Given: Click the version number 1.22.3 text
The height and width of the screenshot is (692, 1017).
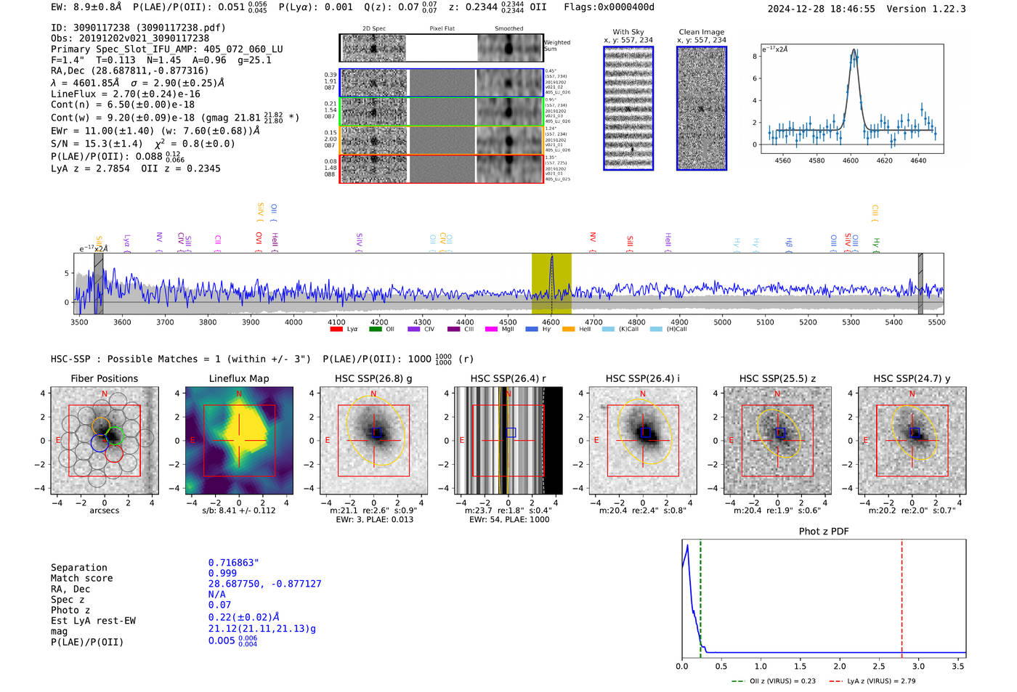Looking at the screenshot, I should pyautogui.click(x=941, y=9).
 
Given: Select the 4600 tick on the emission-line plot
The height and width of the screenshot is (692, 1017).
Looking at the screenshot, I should pyautogui.click(x=850, y=160).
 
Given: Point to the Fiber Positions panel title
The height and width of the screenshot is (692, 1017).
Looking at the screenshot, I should pyautogui.click(x=104, y=378).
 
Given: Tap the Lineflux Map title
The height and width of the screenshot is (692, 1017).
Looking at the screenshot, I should pyautogui.click(x=238, y=378).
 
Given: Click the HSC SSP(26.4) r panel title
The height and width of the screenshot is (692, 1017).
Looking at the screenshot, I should pyautogui.click(x=508, y=378).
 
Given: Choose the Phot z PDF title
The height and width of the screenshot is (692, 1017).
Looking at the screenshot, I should pyautogui.click(x=824, y=532).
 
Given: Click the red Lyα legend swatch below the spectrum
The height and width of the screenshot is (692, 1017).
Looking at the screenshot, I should pyautogui.click(x=336, y=329).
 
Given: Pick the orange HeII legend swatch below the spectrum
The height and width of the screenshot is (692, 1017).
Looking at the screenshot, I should pyautogui.click(x=568, y=329).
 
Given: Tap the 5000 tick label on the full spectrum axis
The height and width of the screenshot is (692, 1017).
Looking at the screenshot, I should pyautogui.click(x=722, y=322).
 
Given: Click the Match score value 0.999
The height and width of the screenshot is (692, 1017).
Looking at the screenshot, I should pyautogui.click(x=222, y=574).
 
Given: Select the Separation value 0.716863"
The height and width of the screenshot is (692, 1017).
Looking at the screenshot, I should pyautogui.click(x=233, y=563).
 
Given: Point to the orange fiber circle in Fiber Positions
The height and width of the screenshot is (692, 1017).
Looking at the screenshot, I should pyautogui.click(x=102, y=426).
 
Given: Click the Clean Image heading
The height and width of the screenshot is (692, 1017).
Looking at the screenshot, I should pyautogui.click(x=701, y=32).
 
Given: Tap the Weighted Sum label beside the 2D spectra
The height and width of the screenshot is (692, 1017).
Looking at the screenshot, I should pyautogui.click(x=556, y=46).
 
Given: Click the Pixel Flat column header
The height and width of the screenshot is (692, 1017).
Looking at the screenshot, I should pyautogui.click(x=442, y=29).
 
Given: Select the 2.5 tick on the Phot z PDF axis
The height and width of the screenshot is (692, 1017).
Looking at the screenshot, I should pyautogui.click(x=879, y=666).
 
